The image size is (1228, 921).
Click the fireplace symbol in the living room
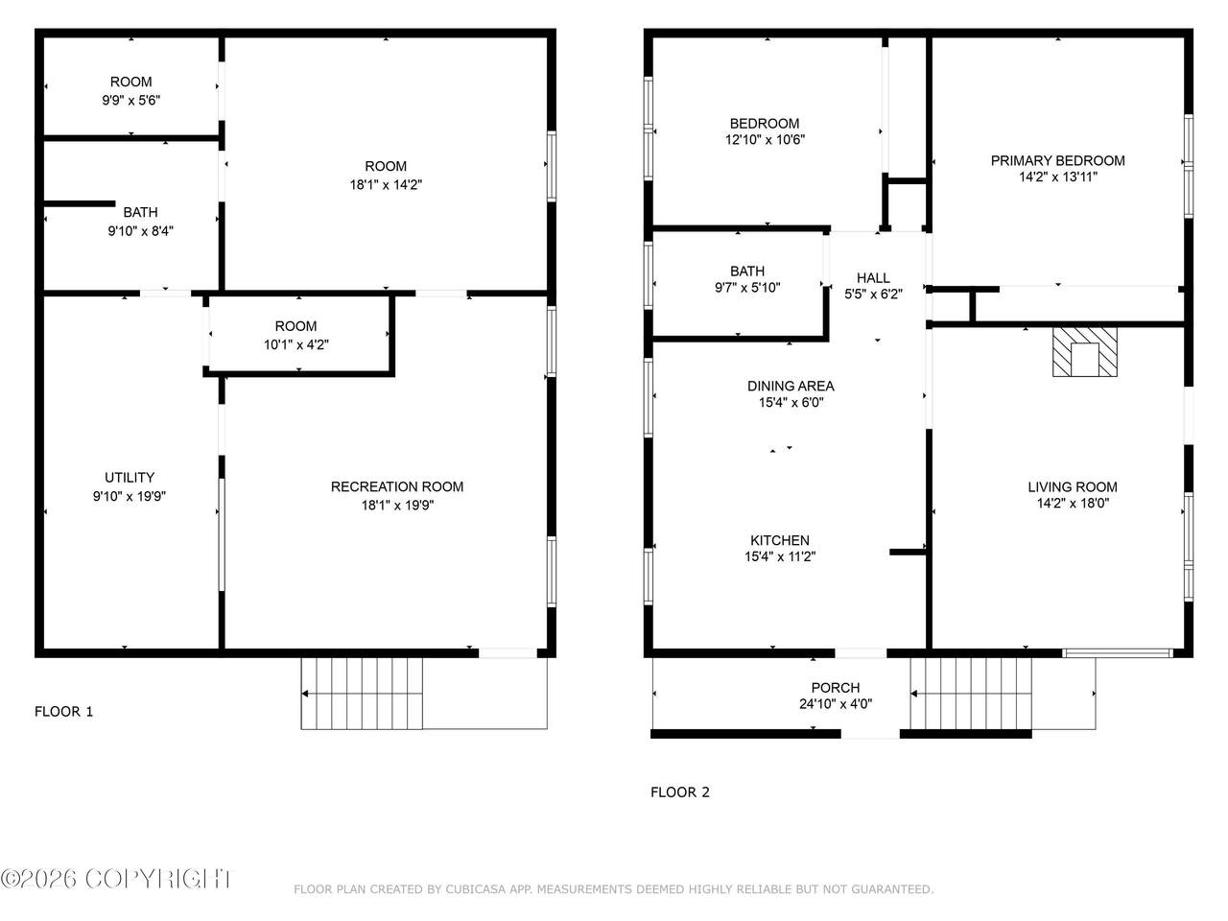[1084, 352]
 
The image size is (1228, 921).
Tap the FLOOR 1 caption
[63, 711]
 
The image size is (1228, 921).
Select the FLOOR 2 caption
[680, 791]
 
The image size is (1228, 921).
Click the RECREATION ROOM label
[397, 486]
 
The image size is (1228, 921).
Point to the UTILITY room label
[130, 477]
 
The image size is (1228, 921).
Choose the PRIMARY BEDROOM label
[1057, 160]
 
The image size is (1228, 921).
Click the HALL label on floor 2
[873, 277]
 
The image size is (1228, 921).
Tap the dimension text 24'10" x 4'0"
[836, 703]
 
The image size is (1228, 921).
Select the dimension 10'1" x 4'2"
[295, 344]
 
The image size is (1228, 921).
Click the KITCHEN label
[779, 540]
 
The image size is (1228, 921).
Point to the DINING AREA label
[791, 386]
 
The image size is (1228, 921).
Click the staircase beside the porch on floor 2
[971, 694]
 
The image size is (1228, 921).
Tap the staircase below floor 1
[362, 694]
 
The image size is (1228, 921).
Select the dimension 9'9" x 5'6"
[130, 100]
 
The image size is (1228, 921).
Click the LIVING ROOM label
[1073, 486]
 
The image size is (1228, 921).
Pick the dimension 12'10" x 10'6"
[765, 139]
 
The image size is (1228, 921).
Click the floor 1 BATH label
[140, 212]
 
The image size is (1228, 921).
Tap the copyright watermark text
[115, 879]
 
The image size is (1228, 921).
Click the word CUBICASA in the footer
[475, 889]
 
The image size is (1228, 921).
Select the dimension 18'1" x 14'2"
[386, 184]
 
